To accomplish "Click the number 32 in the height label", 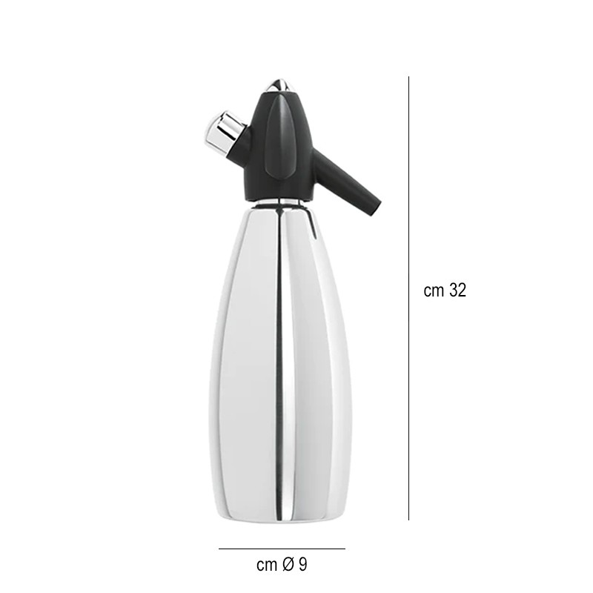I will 457,291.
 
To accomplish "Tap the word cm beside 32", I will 434,291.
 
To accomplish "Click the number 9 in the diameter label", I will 302,565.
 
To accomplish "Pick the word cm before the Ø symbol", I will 266,565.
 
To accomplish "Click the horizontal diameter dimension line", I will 282,549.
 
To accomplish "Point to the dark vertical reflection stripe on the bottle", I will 279,356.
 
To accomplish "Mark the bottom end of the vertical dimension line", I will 409,520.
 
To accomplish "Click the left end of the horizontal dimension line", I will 219,549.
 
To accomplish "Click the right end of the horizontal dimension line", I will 345,549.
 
